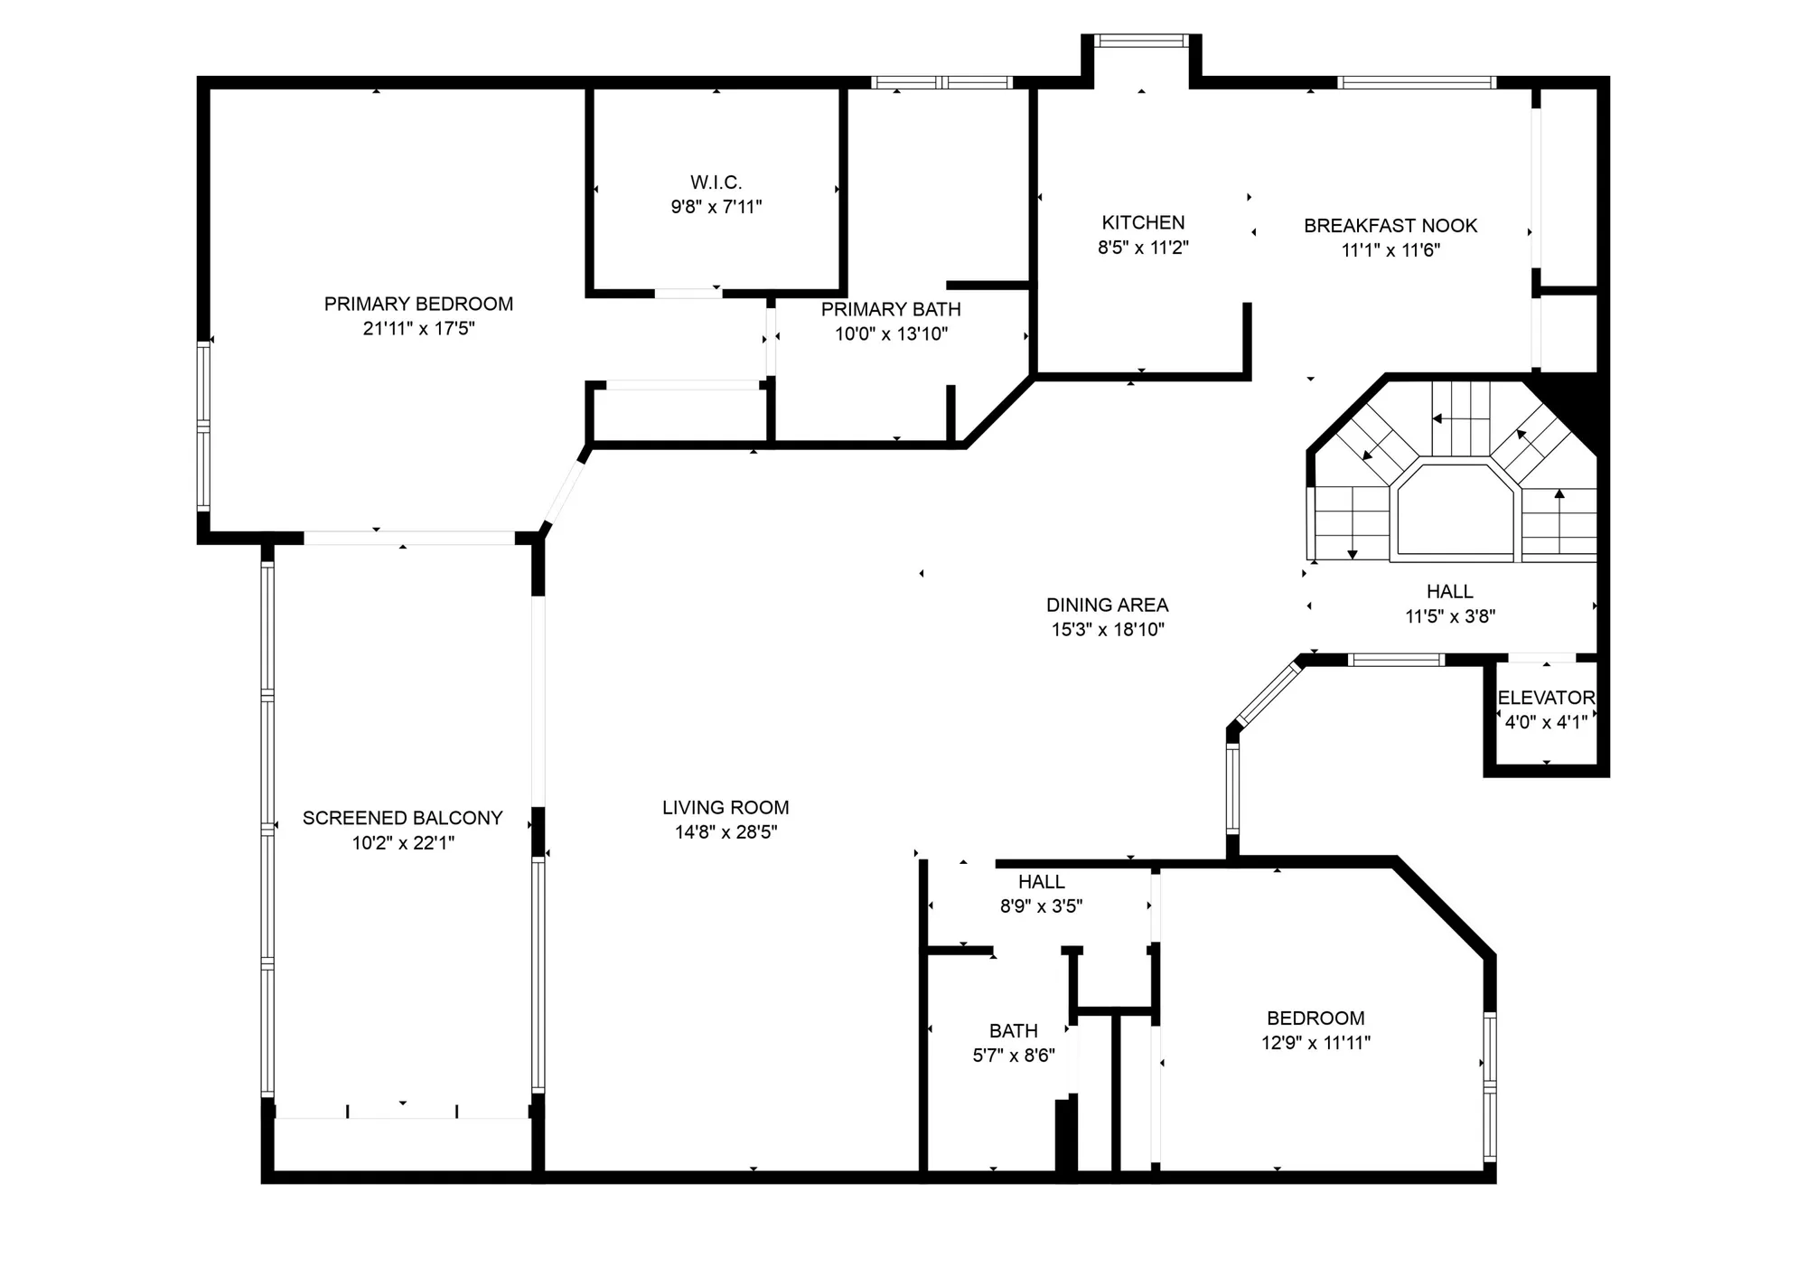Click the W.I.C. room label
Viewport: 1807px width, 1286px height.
coord(716,183)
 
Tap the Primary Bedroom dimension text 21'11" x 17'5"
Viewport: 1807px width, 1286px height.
coord(418,329)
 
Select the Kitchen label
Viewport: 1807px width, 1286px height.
coord(1143,222)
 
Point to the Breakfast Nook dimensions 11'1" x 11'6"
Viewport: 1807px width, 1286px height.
coord(1390,250)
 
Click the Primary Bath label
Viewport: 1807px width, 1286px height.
coord(890,309)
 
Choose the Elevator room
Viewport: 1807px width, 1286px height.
coord(1546,709)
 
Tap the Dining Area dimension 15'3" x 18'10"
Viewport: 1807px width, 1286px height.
coord(1108,630)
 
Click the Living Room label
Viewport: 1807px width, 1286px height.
coord(726,808)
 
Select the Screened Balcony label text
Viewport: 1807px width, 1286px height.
coord(402,818)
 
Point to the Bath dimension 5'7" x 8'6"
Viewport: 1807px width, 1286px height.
coord(1013,1056)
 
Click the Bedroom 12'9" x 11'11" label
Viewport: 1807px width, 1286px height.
coord(1315,1030)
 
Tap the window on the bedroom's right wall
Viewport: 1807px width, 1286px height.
coord(1489,1086)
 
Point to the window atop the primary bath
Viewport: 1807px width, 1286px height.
coord(941,83)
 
